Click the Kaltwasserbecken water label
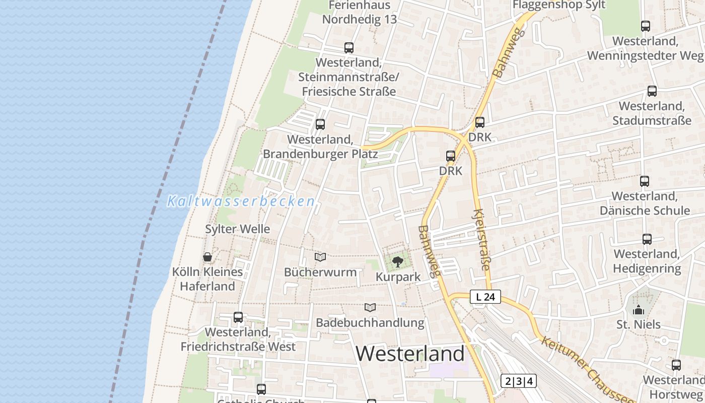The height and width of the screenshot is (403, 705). pyautogui.click(x=241, y=201)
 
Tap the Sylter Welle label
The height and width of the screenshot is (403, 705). pyautogui.click(x=237, y=229)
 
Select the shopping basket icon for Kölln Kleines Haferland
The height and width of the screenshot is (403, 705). pyautogui.click(x=207, y=257)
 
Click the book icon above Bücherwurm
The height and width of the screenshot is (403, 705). pyautogui.click(x=320, y=257)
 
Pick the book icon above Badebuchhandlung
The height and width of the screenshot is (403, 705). pyautogui.click(x=370, y=307)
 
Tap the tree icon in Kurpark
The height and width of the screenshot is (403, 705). pyautogui.click(x=398, y=261)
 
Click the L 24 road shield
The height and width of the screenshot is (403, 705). pyautogui.click(x=485, y=297)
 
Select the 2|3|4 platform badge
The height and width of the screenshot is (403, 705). pyautogui.click(x=519, y=381)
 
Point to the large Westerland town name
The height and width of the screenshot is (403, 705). pyautogui.click(x=410, y=354)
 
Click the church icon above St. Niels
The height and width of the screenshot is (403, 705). pyautogui.click(x=639, y=310)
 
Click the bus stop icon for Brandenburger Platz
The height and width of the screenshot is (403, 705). pyautogui.click(x=320, y=124)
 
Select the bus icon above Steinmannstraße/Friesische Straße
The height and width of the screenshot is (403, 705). pyautogui.click(x=348, y=48)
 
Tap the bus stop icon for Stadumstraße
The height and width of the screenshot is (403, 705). pyautogui.click(x=652, y=91)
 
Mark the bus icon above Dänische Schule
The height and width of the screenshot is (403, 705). pyautogui.click(x=645, y=181)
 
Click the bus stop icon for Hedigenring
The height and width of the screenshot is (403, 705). pyautogui.click(x=647, y=239)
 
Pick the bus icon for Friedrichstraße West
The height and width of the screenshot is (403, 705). pyautogui.click(x=238, y=317)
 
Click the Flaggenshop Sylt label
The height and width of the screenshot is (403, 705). pyautogui.click(x=559, y=5)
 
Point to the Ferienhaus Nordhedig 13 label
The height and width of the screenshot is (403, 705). pyautogui.click(x=360, y=13)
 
